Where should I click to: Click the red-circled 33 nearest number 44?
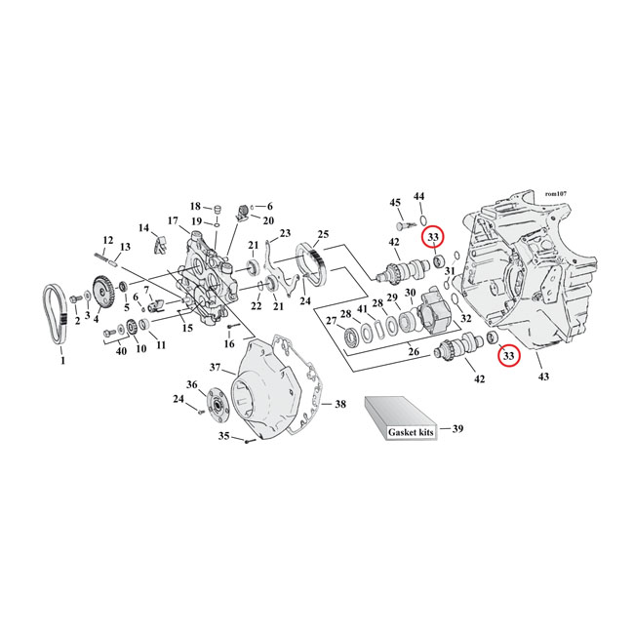coord(432,237)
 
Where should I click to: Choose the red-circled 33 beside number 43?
coord(507,356)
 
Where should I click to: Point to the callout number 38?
coord(339,403)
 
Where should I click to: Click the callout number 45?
coord(395,203)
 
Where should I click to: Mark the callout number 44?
coord(419,197)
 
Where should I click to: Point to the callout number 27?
coord(331,319)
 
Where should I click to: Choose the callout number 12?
coord(108,240)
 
